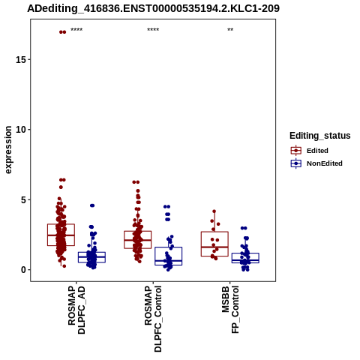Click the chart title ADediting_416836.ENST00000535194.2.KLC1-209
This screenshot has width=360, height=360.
[x=153, y=8]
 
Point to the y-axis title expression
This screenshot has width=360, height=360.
[x=8, y=150]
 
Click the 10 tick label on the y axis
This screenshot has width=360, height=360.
[x=21, y=130]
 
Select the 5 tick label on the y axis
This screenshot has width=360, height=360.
[x=24, y=199]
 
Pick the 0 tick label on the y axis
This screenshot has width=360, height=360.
[x=24, y=270]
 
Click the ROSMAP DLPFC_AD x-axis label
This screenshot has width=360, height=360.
[x=76, y=310]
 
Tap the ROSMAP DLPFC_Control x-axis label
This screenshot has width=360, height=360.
[x=153, y=319]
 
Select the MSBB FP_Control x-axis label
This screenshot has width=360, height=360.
[x=230, y=310]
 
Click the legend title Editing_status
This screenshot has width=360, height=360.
[x=320, y=136]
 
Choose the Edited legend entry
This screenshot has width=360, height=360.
[x=309, y=151]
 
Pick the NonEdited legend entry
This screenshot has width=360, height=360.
[x=316, y=163]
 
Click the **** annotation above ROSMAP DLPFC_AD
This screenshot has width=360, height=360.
[x=76, y=30]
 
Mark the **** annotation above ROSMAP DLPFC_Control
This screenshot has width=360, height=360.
[x=153, y=30]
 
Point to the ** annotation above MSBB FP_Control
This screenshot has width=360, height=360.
[x=230, y=30]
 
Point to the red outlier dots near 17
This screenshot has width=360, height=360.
[x=62, y=32]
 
